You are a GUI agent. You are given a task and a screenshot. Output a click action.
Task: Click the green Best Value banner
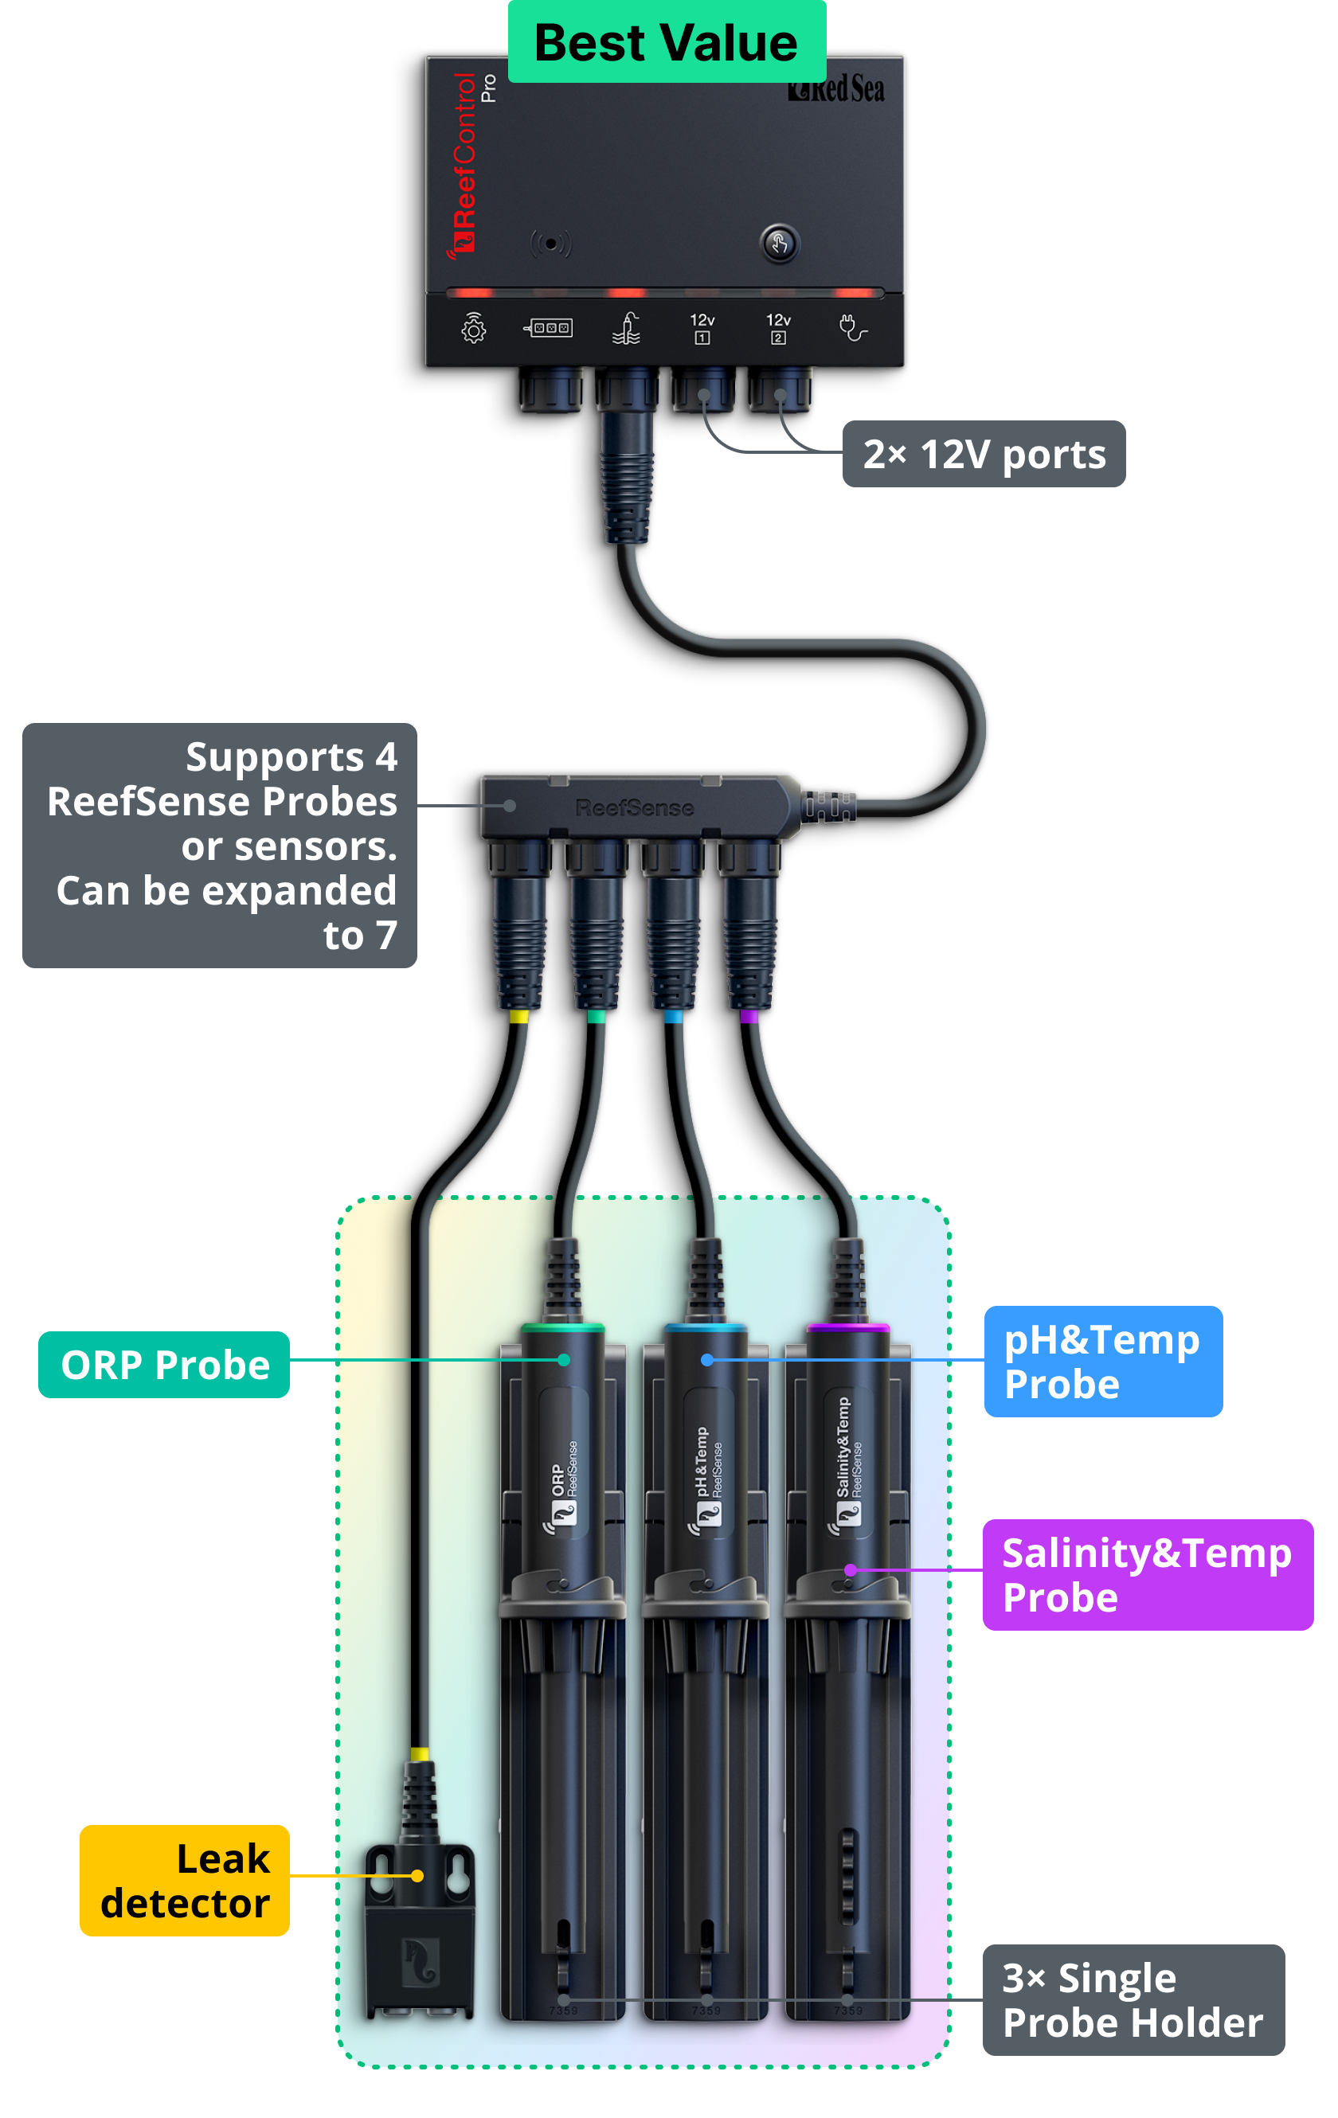coord(667,42)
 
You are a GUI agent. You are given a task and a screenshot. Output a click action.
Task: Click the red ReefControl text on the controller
coord(464,163)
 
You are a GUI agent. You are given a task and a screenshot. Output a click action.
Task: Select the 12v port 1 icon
coord(702,328)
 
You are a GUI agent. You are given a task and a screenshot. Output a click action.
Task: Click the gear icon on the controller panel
coord(473,328)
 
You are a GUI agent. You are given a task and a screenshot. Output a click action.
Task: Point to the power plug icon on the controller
coord(852,328)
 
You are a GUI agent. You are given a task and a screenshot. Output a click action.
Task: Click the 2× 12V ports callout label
coord(984,454)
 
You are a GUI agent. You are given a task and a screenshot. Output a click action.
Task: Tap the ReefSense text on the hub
coord(634,807)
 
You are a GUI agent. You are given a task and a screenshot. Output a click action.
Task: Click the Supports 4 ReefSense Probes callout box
coord(220,846)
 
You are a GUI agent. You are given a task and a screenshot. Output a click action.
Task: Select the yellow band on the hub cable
coord(519,1017)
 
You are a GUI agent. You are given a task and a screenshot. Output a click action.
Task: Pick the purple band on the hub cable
coord(749,1017)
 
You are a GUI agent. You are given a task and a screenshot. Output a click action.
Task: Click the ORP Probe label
coord(165,1364)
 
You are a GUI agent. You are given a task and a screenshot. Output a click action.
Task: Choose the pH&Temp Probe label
coord(1103,1361)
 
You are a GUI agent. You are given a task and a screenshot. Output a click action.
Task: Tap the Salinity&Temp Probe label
coord(1147,1574)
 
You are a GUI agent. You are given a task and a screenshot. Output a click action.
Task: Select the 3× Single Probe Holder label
coord(1133,2000)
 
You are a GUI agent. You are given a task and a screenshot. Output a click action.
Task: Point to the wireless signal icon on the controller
coord(550,244)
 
